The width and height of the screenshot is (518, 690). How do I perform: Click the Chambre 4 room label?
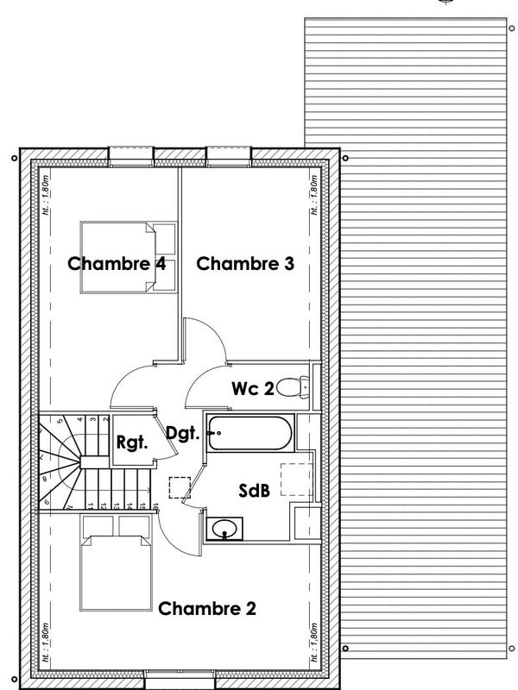point(117,264)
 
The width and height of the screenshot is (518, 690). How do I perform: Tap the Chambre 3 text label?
point(245,264)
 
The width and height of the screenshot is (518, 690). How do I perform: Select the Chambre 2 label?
point(207,608)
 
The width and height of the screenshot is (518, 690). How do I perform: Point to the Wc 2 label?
point(252,389)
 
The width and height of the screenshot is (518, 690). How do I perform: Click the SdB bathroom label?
point(255,491)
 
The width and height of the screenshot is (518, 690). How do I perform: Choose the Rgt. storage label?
point(133,442)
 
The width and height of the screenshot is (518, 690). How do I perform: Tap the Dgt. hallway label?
point(183,433)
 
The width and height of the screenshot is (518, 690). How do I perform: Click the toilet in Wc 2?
point(294,387)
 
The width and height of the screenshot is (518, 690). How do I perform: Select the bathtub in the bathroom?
point(250,434)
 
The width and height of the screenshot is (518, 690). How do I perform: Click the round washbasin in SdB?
point(226,527)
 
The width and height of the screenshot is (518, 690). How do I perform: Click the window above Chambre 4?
point(131,154)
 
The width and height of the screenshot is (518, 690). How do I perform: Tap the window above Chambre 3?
point(229,154)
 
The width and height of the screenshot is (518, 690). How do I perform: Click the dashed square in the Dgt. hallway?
point(180,488)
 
